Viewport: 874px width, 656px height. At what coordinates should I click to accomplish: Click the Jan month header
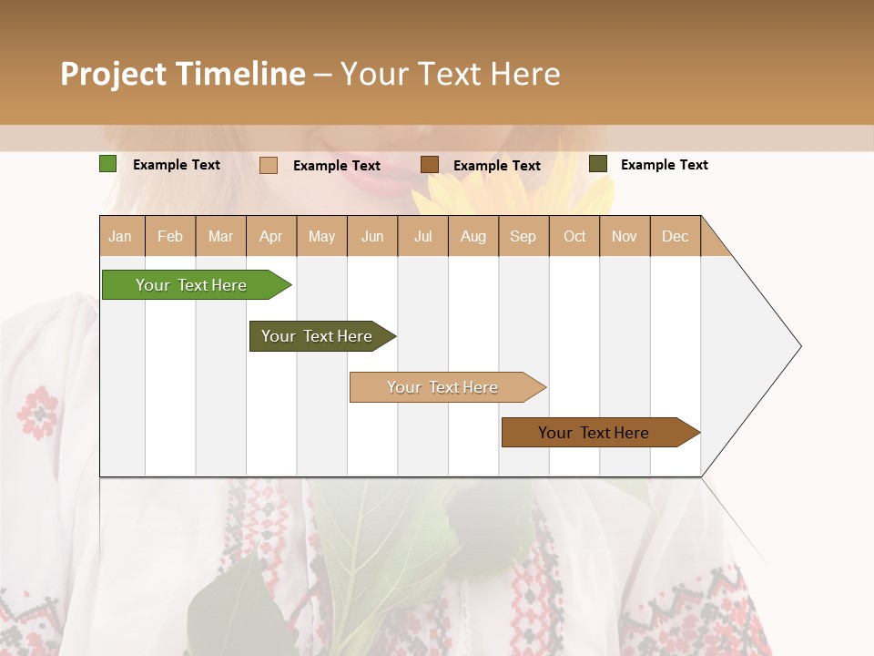[120, 236]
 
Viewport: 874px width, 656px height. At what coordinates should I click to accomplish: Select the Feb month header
[170, 236]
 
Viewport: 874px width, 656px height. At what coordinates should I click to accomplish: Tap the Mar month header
[220, 236]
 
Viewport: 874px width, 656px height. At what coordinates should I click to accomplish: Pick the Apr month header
[271, 236]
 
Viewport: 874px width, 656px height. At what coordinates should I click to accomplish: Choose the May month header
[321, 236]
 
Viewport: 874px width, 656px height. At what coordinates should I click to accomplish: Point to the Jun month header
[372, 236]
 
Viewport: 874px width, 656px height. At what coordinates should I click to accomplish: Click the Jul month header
[422, 236]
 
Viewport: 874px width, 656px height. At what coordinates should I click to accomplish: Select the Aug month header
[473, 236]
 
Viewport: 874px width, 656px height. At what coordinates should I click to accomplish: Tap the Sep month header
[523, 236]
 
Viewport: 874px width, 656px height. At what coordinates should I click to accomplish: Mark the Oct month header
[574, 236]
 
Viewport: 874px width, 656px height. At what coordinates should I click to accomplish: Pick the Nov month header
[625, 236]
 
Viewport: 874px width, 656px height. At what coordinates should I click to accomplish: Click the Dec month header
[676, 236]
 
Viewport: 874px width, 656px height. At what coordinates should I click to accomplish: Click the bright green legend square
[108, 164]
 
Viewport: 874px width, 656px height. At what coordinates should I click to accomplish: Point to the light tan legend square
[269, 165]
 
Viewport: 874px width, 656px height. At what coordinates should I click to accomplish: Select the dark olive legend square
[598, 164]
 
